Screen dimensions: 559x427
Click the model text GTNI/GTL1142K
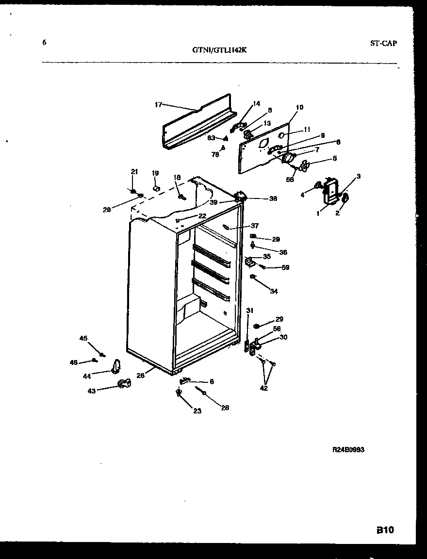(x=222, y=49)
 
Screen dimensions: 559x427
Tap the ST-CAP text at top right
(x=383, y=43)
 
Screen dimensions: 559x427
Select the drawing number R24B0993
(x=348, y=450)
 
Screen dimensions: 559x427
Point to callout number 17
(x=158, y=104)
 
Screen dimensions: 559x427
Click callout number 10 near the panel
(x=299, y=107)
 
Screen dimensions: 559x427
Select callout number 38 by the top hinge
(x=273, y=198)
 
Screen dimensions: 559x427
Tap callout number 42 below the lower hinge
(x=263, y=388)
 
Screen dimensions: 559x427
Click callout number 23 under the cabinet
(x=197, y=411)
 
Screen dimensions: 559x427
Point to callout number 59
(x=285, y=267)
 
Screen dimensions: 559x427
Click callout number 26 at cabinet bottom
(x=141, y=375)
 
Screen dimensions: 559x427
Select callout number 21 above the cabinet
(x=134, y=171)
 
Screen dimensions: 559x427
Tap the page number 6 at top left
(x=44, y=43)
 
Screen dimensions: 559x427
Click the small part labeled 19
(x=156, y=187)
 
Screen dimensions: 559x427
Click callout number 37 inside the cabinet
(x=255, y=226)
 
